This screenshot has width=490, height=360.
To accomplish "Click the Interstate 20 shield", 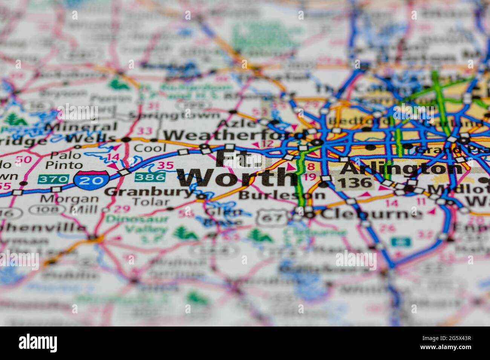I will coord(92,180).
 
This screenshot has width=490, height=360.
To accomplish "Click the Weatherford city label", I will coord(234,135).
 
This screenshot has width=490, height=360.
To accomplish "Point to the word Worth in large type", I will coord(237,178).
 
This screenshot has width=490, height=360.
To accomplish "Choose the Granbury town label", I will coord(149,192).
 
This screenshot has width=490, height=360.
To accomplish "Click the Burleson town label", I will coord(282,195).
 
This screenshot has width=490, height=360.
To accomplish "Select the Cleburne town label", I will coord(372,214).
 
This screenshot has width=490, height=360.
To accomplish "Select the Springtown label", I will coord(174,115).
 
